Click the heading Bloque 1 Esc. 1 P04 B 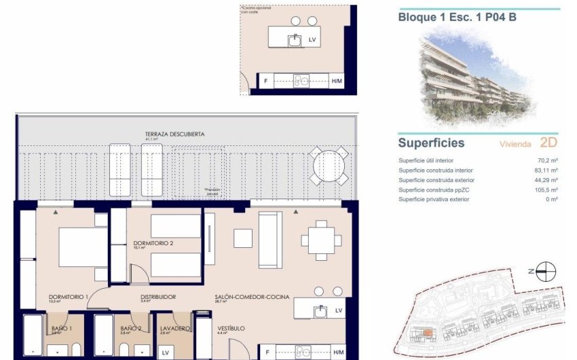(x=457, y=17)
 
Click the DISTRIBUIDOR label (x=158, y=297)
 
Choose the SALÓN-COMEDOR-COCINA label (x=252, y=297)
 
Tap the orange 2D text (x=548, y=143)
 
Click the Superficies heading (x=431, y=143)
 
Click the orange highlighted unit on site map (x=428, y=332)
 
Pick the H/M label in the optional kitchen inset (x=337, y=82)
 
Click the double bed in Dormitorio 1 (x=81, y=248)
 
